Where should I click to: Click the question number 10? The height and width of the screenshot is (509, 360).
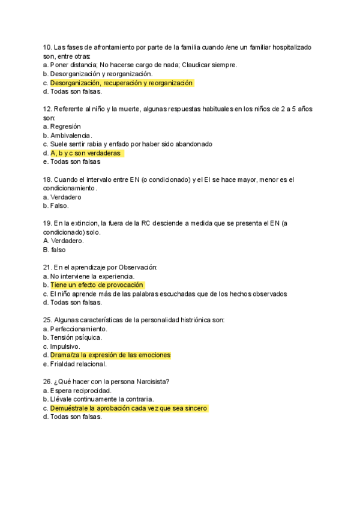point(47,47)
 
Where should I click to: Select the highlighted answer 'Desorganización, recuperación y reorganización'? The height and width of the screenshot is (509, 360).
point(121,83)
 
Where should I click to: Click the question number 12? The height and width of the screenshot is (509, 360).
point(47,109)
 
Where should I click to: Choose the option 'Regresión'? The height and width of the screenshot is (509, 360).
point(65,127)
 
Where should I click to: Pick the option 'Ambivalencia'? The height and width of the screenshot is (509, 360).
point(71,136)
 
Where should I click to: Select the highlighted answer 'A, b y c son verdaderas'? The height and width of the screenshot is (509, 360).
point(86,153)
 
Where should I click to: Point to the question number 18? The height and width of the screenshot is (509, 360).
point(47,179)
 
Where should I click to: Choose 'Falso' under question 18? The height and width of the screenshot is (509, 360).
point(59,206)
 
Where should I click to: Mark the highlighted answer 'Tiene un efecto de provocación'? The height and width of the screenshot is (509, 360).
point(97,285)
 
